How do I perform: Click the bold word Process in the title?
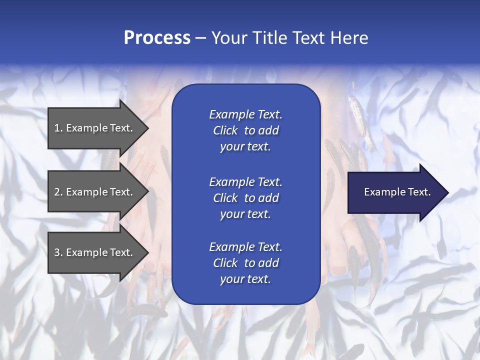coord(157,38)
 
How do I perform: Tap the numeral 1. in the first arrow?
coord(58,128)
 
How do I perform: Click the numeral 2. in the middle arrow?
coord(58,192)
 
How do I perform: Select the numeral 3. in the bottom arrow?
coord(58,252)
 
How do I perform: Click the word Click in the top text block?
coord(225,130)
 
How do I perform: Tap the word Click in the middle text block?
coord(225,198)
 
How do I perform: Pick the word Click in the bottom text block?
coord(225,263)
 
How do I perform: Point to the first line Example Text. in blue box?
coord(245,114)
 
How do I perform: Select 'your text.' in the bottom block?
coord(245,279)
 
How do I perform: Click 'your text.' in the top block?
coord(245,146)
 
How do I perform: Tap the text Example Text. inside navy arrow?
coord(397,192)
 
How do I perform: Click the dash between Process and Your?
coord(200,38)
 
